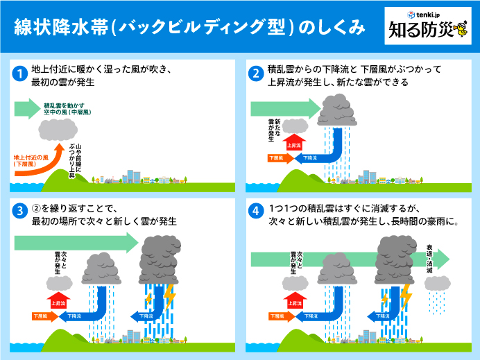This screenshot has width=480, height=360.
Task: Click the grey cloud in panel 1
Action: [x=58, y=129]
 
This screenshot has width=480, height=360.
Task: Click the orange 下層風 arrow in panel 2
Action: [x=276, y=158]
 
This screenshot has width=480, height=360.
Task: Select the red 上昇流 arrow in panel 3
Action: [x=60, y=302]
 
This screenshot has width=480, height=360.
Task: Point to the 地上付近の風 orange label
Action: [x=30, y=160]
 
